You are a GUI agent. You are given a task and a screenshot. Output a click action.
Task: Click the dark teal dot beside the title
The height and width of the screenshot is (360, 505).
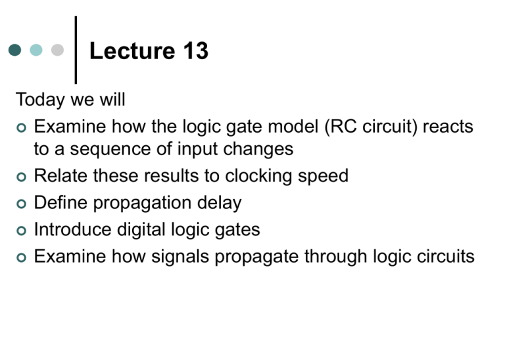click(15, 50)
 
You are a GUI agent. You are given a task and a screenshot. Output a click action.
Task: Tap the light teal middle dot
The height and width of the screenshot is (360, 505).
click(36, 50)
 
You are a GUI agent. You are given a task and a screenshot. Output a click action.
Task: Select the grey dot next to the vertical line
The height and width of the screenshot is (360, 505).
click(58, 50)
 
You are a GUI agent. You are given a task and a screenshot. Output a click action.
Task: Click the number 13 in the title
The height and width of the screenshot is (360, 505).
click(196, 51)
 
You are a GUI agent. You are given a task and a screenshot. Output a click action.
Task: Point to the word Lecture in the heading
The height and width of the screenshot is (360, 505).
click(132, 51)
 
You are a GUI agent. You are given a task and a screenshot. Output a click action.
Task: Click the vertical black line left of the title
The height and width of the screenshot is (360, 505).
click(76, 50)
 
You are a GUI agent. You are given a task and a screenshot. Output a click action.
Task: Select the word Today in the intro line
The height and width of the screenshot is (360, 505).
click(40, 100)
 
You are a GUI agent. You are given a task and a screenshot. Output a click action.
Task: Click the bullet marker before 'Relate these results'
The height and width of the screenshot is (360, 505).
click(21, 177)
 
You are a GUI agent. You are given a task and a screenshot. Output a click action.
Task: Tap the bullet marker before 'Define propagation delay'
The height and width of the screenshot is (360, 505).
click(21, 204)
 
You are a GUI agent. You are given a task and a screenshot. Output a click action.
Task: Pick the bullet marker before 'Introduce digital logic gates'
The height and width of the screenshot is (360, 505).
click(21, 231)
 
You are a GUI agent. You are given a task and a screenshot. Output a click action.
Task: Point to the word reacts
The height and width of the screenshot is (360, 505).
click(448, 126)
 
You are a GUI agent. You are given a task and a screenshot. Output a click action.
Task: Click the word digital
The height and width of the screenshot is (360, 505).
click(141, 230)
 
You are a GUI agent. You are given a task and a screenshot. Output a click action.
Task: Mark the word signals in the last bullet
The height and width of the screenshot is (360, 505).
click(180, 257)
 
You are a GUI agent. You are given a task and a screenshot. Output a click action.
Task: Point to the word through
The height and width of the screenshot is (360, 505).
click(336, 257)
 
